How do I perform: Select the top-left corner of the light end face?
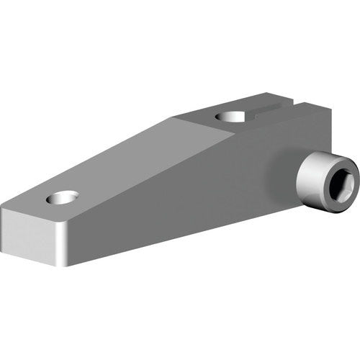[x=2, y=210]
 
